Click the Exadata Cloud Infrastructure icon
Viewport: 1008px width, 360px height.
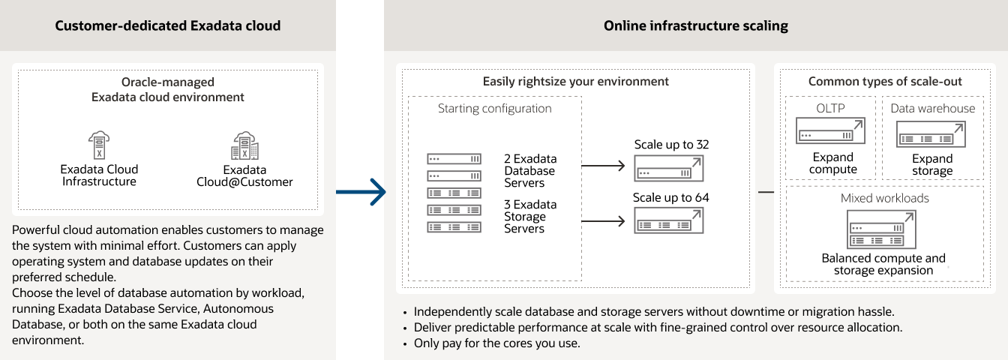coord(99,145)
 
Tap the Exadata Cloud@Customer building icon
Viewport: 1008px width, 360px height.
coord(244,146)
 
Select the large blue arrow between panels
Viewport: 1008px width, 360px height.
coord(361,193)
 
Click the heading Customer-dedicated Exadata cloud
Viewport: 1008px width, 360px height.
coord(168,25)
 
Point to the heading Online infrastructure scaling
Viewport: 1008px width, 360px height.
coord(695,25)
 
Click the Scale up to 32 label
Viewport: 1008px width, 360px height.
coord(671,144)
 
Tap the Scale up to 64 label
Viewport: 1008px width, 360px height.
coord(670,198)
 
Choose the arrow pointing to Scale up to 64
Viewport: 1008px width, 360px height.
coord(603,220)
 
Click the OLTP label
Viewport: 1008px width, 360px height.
coord(830,108)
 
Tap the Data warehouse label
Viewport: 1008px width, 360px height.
coord(932,108)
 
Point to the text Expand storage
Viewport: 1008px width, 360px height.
coord(932,164)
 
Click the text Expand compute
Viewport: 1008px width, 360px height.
coord(832,163)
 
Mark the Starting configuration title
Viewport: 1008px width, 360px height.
coord(494,108)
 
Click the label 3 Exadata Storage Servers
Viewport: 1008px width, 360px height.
coord(530,216)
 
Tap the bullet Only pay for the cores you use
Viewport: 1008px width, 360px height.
coord(496,343)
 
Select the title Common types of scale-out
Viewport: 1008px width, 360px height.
coord(885,81)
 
